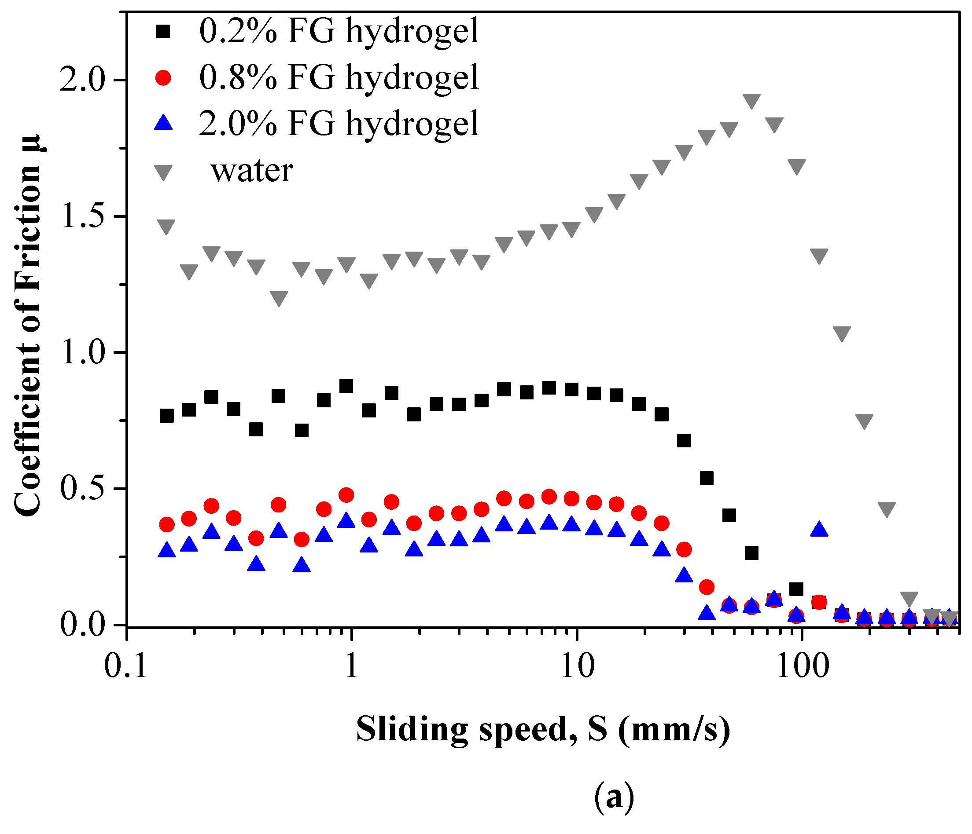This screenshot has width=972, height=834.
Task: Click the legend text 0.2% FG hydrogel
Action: (x=339, y=32)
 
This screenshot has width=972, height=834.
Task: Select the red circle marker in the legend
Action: (x=164, y=77)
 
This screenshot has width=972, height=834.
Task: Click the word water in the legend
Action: (x=252, y=171)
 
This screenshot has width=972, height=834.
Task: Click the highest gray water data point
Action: (x=751, y=100)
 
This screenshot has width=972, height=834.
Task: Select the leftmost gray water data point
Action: (x=166, y=226)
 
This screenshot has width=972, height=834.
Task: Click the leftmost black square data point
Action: (x=166, y=416)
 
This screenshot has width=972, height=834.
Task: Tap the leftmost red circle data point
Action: (x=166, y=525)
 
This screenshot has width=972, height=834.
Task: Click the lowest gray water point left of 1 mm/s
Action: (x=279, y=298)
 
